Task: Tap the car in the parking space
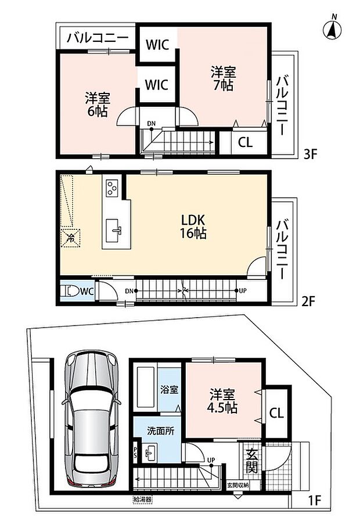(91, 419)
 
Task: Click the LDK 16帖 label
(194, 227)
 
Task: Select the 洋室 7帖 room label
(223, 79)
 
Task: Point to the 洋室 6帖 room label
(98, 105)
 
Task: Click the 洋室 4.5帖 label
(222, 401)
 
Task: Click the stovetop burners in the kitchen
(111, 188)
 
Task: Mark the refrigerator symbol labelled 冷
(71, 238)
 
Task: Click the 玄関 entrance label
(252, 461)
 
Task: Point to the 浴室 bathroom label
(169, 390)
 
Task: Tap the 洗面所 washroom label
(160, 431)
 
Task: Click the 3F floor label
(309, 154)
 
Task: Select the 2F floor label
(308, 301)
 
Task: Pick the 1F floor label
(314, 500)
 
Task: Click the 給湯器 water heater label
(142, 499)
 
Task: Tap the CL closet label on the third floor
(245, 142)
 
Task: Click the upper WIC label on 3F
(157, 45)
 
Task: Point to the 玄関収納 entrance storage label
(238, 485)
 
